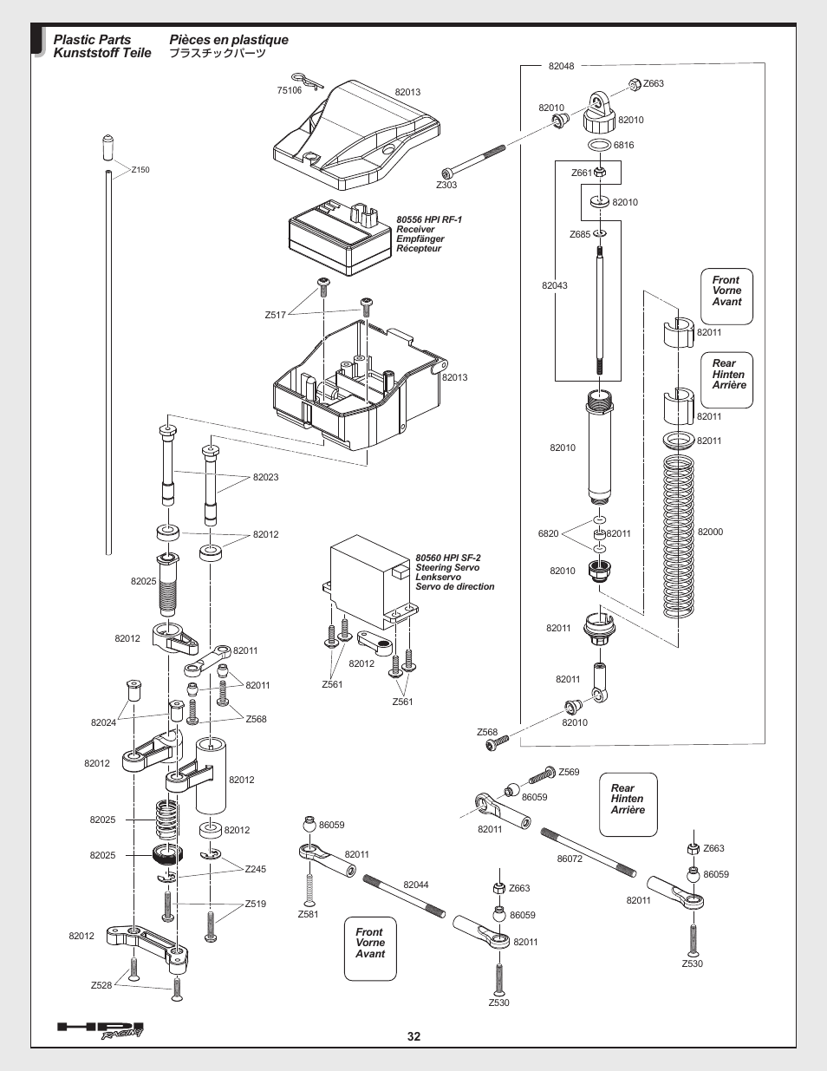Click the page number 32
click(x=413, y=1036)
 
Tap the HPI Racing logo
click(x=101, y=1030)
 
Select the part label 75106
click(x=290, y=90)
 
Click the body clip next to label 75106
click(x=308, y=82)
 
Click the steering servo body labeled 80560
click(x=370, y=583)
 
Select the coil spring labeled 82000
click(x=678, y=536)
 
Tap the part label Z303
click(x=446, y=185)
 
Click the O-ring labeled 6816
click(x=599, y=146)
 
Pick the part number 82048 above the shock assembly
click(x=561, y=66)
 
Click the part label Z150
click(x=140, y=170)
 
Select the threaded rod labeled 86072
click(x=588, y=852)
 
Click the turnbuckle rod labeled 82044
click(x=404, y=896)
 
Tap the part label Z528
click(x=101, y=985)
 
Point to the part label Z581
click(x=308, y=914)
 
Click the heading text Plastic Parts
click(x=92, y=39)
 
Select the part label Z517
click(x=275, y=315)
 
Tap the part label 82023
click(x=265, y=477)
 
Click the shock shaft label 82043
click(x=555, y=285)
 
